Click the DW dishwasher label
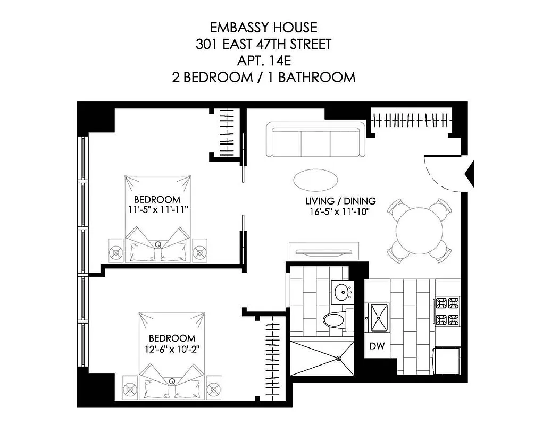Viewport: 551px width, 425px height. coord(377,346)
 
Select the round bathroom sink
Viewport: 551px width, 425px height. coord(339,291)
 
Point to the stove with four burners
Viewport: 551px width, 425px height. coord(447,311)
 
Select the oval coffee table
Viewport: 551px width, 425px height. coord(314,179)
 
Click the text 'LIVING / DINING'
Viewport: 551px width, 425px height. coord(340,201)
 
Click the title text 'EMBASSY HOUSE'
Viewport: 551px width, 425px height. coord(263,27)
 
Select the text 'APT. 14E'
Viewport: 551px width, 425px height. coord(263,60)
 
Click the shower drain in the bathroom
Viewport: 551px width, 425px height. coord(338,358)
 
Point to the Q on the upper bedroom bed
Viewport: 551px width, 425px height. coord(158,244)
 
